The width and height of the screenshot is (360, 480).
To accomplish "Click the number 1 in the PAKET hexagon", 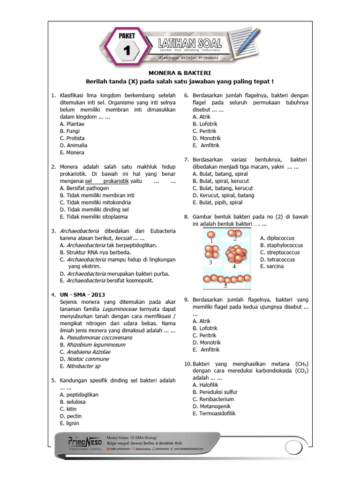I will click(x=126, y=50).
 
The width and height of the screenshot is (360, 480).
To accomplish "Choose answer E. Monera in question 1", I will click(x=72, y=152).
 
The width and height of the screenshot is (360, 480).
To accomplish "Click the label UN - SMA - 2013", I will click(x=82, y=294).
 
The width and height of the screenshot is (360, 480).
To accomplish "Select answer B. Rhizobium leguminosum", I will click(x=92, y=345).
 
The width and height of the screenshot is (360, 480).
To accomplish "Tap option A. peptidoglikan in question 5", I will click(x=79, y=395).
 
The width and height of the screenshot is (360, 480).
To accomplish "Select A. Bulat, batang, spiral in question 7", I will click(x=220, y=174).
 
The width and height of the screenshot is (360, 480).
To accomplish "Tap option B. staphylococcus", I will click(x=281, y=245).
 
